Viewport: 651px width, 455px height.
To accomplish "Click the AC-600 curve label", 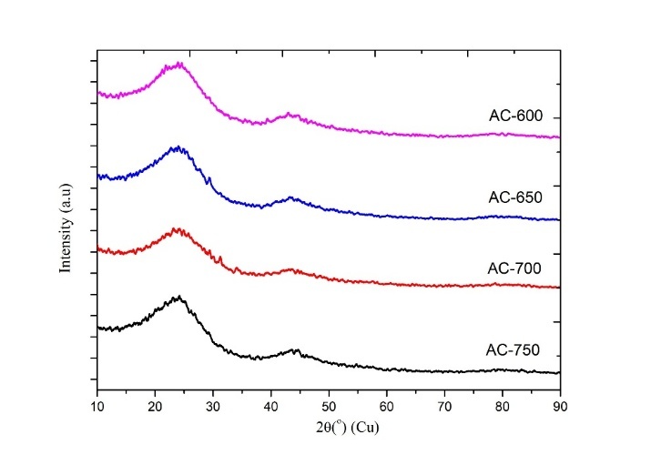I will [514, 117].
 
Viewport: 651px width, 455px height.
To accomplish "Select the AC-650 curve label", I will [514, 197].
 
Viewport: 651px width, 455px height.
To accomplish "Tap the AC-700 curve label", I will [514, 268].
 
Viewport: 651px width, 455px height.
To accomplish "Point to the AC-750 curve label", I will [514, 350].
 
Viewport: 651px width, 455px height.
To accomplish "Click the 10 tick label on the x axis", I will [97, 406].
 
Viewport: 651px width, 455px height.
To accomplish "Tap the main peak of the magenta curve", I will [178, 64].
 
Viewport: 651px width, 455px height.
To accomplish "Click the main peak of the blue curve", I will [177, 147].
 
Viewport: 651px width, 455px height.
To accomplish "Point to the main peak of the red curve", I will [177, 229].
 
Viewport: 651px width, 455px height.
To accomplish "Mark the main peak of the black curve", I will [178, 297].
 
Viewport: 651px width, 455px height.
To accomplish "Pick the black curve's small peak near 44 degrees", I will [294, 349].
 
